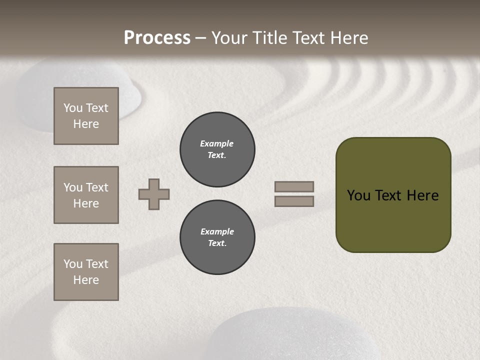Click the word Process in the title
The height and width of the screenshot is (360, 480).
point(157,38)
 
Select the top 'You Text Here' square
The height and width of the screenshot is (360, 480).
point(86,116)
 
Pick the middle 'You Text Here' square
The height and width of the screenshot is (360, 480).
point(86,195)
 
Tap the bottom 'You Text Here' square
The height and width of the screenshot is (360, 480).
point(86,272)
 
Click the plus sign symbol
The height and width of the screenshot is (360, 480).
point(154,194)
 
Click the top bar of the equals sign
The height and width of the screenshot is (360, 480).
point(294,186)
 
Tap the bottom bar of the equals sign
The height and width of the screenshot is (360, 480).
point(294,201)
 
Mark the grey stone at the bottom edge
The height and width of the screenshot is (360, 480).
point(295,335)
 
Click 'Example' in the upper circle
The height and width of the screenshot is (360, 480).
point(216,143)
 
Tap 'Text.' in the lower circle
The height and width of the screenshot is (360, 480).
point(217,243)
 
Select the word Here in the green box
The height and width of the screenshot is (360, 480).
point(423,195)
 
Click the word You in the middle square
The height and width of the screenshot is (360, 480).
point(72,187)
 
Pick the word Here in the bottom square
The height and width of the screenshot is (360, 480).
point(86,280)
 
